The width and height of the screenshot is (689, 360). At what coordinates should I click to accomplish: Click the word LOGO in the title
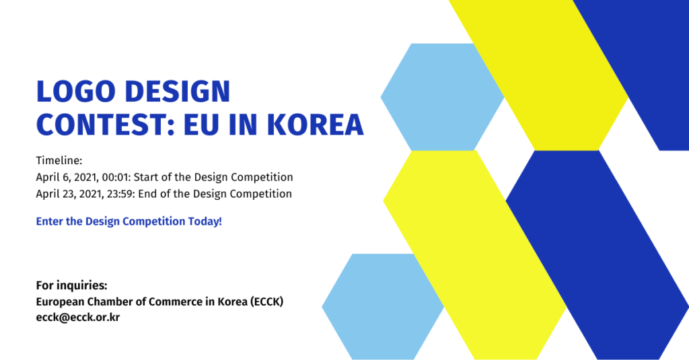pos(76,92)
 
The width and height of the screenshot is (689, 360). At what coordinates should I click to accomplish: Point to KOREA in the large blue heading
pos(315,124)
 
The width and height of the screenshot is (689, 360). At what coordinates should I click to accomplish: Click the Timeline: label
pos(59,160)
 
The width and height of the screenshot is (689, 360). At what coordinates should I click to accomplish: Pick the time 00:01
pos(116,177)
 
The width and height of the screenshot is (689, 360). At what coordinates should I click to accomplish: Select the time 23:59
pos(121,194)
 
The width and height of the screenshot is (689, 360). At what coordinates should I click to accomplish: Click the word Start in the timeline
pos(145,177)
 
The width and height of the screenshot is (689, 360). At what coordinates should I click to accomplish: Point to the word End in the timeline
pos(147,194)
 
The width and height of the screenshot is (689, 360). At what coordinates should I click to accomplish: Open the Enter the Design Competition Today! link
pos(129,221)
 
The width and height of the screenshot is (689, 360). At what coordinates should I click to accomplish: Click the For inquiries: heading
pos(71,286)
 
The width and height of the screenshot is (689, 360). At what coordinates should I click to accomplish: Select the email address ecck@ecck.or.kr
pos(78,318)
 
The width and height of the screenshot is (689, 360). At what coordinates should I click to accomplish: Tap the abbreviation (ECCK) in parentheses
pos(266,302)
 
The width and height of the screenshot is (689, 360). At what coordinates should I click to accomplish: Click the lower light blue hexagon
pos(383,307)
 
